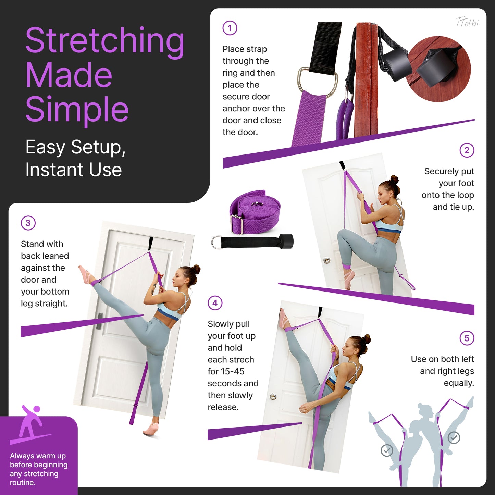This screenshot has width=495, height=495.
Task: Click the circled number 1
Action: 230,28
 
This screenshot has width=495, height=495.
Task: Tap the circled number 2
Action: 467,150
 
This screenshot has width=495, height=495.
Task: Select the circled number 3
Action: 28,223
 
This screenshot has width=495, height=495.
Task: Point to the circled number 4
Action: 215,303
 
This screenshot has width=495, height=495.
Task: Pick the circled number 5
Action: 467,338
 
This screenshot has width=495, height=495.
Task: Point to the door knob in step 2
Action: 327,260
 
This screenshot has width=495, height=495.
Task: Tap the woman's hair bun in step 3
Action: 196,270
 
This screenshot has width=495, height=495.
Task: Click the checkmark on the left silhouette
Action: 387,450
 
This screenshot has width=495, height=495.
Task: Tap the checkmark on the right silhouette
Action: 454,437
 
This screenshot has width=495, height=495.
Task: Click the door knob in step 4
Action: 273,397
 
